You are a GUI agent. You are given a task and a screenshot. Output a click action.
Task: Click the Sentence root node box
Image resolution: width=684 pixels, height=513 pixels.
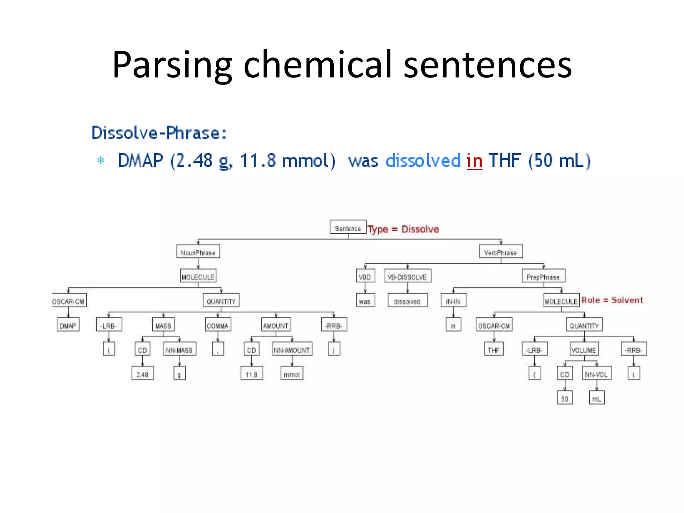(348, 227)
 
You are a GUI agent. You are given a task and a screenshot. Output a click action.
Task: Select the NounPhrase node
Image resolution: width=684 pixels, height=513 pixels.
(198, 251)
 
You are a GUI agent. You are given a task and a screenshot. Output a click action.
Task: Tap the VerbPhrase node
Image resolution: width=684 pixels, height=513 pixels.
(501, 251)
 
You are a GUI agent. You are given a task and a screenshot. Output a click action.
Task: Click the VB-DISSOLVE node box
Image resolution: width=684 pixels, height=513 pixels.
(407, 276)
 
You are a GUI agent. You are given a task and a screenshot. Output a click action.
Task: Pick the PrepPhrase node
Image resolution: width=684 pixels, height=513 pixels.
(543, 276)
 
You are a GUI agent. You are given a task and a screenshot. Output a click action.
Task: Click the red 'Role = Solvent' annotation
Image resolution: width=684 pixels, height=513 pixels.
(612, 300)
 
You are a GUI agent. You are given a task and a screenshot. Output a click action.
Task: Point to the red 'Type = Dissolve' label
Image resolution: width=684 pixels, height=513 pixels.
(403, 229)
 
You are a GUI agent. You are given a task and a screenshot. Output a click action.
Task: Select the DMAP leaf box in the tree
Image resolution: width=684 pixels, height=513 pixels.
(68, 325)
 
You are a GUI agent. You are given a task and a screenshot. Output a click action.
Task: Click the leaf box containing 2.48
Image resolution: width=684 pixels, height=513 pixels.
(142, 373)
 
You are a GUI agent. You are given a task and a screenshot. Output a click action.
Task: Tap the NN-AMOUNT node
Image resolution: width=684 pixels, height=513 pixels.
(292, 349)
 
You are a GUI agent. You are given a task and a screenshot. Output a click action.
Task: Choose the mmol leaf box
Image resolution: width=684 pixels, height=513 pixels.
(292, 373)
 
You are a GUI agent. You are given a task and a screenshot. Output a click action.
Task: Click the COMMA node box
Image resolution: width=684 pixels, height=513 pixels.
(218, 325)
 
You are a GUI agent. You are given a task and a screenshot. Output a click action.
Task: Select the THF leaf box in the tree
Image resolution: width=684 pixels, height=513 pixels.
(494, 349)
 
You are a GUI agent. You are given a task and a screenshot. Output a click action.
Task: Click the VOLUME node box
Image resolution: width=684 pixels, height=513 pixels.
(584, 349)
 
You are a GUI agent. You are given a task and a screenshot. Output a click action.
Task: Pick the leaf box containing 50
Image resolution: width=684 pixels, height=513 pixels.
(564, 398)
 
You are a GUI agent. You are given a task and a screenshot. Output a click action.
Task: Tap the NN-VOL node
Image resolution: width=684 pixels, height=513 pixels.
(596, 373)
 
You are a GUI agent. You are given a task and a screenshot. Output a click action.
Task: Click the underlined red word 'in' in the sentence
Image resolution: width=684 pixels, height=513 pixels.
(474, 161)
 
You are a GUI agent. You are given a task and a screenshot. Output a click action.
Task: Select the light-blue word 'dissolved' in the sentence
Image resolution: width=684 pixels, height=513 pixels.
(423, 161)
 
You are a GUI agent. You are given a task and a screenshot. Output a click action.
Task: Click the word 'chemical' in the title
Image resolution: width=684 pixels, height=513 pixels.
(318, 64)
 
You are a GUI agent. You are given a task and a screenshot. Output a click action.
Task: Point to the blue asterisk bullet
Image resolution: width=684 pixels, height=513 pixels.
(101, 160)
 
